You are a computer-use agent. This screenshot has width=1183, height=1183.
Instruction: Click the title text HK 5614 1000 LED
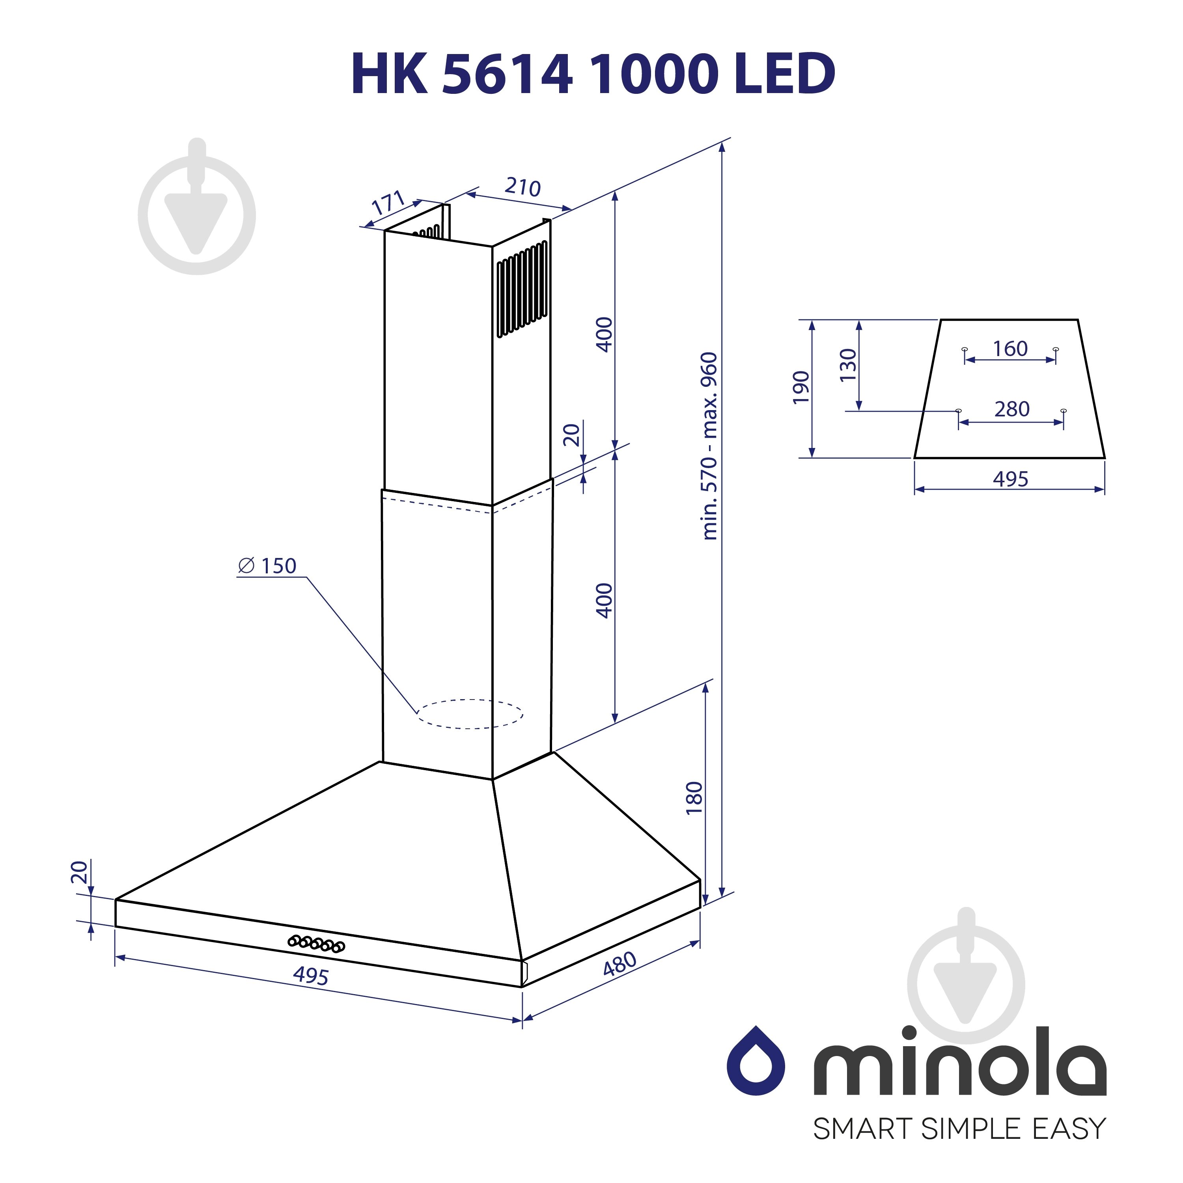[593, 73]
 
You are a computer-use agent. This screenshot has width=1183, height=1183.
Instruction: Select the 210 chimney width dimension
[522, 187]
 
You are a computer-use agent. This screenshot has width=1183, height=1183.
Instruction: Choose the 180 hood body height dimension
[694, 798]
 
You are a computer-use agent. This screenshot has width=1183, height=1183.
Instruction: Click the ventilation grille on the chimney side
[522, 289]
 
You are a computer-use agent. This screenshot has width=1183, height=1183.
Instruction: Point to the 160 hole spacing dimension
[1010, 349]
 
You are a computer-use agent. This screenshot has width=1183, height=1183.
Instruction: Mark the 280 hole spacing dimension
[1011, 409]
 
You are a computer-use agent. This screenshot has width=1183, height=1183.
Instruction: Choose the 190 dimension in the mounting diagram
[801, 387]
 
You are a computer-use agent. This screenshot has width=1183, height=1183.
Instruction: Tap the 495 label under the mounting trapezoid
[1010, 479]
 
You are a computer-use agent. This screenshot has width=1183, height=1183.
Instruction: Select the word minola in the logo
[959, 1061]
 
